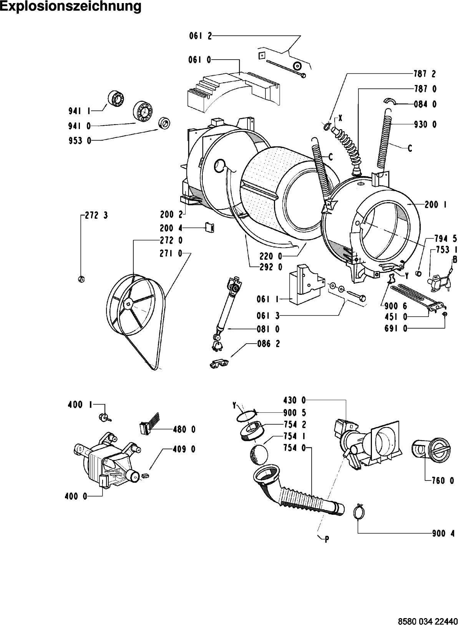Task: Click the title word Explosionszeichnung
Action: pos(70,7)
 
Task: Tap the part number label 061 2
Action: pos(200,36)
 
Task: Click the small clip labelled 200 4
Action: pos(210,228)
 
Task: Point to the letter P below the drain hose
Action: pos(327,539)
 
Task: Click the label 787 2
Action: pos(425,73)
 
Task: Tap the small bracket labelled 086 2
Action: pos(219,362)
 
